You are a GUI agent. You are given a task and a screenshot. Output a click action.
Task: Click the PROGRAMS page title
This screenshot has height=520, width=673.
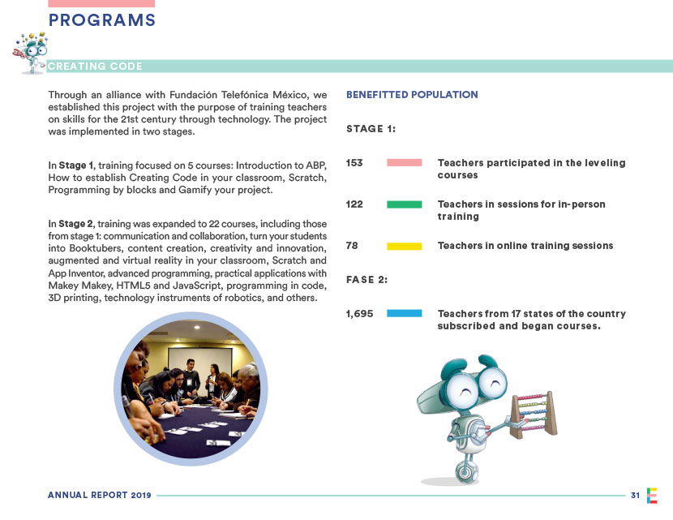[x=102, y=21]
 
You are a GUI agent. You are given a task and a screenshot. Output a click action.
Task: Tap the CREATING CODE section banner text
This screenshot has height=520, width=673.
[x=95, y=67]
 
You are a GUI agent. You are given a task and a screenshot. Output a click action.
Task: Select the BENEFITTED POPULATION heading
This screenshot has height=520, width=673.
[x=412, y=95]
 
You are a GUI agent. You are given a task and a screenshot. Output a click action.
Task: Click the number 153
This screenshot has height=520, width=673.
[x=354, y=163]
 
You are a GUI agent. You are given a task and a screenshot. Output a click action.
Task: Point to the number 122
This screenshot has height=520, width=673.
[x=354, y=204]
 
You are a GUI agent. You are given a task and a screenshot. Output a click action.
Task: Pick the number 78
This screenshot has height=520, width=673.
[x=352, y=245]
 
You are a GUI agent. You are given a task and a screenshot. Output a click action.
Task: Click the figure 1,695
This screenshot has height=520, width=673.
[x=359, y=313]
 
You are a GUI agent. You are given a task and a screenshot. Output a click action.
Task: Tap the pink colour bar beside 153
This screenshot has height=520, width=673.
[x=405, y=163]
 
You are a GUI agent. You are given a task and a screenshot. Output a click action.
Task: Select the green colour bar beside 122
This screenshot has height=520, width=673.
[x=405, y=204]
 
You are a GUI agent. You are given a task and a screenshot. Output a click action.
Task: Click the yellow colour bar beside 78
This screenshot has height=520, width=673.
[x=405, y=245]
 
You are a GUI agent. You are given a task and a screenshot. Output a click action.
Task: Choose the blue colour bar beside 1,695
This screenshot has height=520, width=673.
[x=405, y=313]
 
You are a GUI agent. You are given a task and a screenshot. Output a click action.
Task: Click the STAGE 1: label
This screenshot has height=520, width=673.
[x=371, y=129]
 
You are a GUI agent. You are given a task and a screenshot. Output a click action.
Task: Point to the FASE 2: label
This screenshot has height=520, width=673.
[x=367, y=280]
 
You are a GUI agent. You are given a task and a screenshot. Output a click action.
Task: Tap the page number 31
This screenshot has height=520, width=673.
[x=635, y=495]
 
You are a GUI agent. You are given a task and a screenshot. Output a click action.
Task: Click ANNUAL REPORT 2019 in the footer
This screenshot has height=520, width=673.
[x=94, y=495]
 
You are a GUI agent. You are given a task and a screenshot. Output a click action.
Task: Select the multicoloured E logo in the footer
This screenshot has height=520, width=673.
[x=652, y=495]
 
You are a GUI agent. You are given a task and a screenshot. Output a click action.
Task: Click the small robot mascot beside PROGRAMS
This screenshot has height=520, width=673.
[x=30, y=49]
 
